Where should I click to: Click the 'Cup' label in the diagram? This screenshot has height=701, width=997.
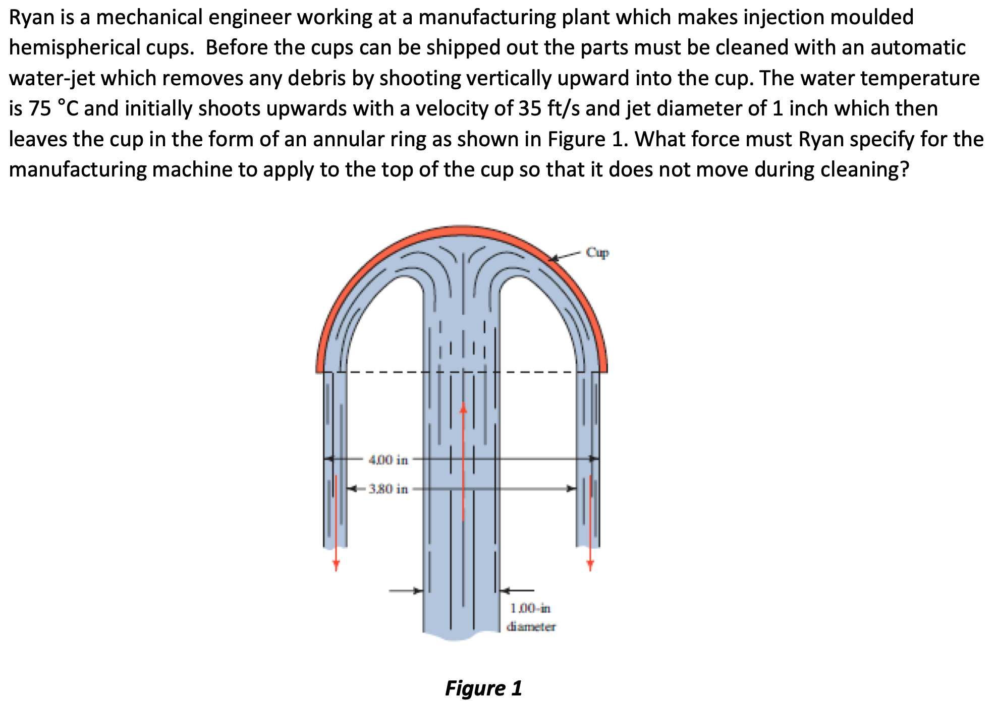597,252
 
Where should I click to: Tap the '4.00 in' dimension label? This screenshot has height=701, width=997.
388,460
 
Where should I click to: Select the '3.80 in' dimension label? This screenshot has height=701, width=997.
388,489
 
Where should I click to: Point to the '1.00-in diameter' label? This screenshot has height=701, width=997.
531,617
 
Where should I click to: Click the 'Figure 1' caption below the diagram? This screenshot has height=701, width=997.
483,688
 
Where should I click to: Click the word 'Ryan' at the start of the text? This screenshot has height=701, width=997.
31,18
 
